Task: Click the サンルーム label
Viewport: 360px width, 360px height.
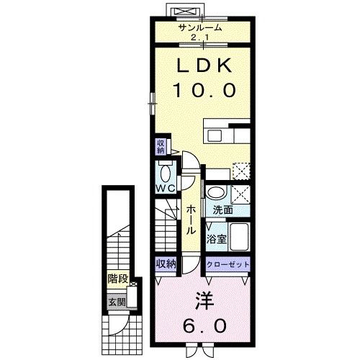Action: tap(200, 28)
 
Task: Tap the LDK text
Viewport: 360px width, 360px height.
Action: tap(204, 66)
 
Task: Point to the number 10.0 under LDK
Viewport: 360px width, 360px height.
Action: tap(205, 90)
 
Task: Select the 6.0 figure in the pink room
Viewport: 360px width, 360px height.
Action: tap(204, 326)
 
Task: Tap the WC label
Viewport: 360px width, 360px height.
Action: tap(166, 189)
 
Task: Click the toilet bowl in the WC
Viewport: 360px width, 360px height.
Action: tap(165, 174)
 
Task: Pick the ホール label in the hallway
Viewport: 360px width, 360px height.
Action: tap(192, 220)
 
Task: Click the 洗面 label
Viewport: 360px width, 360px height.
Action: tap(223, 210)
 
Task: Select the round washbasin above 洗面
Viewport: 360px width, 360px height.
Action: tap(217, 193)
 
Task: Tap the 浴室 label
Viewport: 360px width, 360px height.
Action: tap(217, 239)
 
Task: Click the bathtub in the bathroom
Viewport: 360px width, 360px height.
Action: tap(239, 237)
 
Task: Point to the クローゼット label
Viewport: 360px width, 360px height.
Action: tap(228, 265)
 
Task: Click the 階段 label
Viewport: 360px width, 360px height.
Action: tap(118, 279)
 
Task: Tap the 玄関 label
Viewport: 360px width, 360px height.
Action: tap(117, 302)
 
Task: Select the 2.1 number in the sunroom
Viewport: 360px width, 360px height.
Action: tap(200, 37)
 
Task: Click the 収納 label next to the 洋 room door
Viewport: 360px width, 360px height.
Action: tap(166, 264)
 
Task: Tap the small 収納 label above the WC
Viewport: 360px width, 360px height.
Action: tap(161, 147)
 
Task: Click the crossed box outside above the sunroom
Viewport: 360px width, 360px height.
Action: tap(186, 11)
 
